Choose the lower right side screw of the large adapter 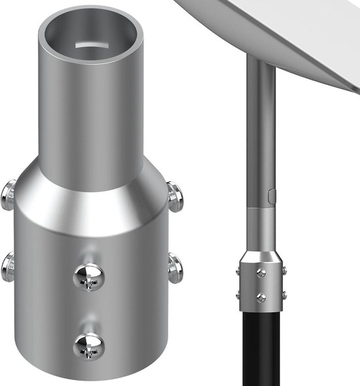tap(175, 268)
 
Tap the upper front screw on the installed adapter tap(261, 272)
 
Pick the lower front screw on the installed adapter tap(261, 298)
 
